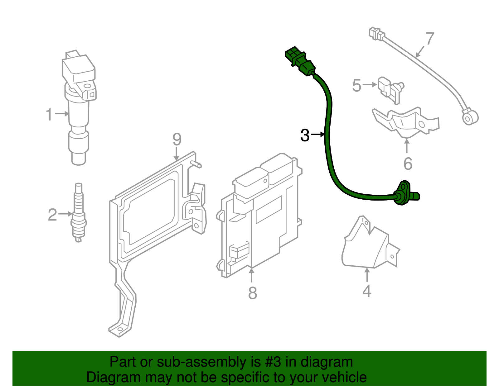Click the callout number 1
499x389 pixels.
49,114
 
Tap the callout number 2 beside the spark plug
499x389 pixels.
52,215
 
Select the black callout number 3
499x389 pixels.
305,135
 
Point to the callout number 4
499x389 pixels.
367,291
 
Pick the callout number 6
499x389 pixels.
408,164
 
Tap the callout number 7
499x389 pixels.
430,39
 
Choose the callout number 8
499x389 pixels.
253,293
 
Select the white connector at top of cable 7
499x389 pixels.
376,33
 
